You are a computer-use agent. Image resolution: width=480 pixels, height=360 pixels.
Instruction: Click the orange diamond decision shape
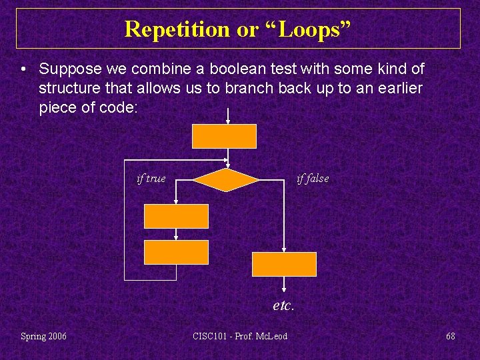(226, 179)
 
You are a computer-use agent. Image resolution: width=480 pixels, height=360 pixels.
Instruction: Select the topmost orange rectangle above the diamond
(225, 136)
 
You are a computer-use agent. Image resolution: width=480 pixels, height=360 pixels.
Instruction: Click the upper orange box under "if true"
(176, 217)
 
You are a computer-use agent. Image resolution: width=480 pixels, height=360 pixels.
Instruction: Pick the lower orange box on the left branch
(176, 253)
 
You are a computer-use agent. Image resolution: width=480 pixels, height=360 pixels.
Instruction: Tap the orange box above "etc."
(284, 264)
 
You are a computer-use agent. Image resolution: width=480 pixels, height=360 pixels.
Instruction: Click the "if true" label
(151, 179)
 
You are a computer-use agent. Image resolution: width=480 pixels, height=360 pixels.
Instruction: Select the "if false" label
(312, 179)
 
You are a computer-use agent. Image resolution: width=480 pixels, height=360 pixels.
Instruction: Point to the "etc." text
(283, 306)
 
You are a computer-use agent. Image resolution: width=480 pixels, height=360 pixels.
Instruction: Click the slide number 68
(451, 336)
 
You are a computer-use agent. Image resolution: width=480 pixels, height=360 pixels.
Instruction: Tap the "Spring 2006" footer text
(44, 336)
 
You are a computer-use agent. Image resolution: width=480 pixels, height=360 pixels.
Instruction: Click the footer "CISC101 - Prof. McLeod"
(240, 336)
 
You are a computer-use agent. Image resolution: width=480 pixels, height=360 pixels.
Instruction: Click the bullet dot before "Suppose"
(23, 69)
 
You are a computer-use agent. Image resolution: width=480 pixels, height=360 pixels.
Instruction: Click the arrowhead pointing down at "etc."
(284, 289)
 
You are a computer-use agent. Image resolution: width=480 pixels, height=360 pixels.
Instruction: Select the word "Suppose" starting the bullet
(68, 69)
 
